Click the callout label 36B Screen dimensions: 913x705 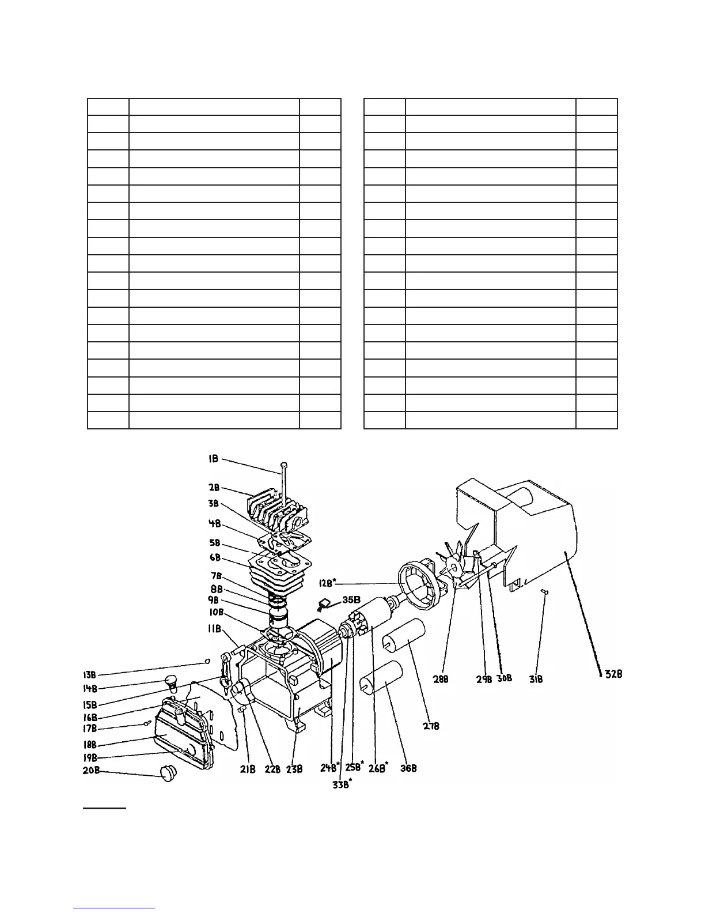[408, 768]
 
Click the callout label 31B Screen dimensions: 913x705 [536, 680]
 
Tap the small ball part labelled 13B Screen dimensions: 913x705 [207, 661]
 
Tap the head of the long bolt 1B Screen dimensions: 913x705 [283, 465]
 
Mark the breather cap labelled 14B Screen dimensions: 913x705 [170, 681]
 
